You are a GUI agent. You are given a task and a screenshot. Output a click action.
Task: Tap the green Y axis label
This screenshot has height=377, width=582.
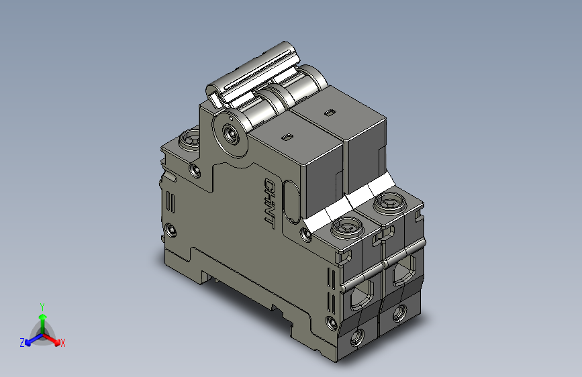tap(42, 305)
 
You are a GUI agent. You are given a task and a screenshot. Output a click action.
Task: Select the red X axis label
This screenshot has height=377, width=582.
tap(62, 343)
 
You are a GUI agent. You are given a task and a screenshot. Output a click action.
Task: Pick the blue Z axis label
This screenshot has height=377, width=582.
tap(22, 343)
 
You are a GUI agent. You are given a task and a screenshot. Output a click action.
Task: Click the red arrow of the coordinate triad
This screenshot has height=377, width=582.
tap(54, 339)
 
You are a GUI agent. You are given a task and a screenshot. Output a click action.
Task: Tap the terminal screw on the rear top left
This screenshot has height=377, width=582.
tap(188, 140)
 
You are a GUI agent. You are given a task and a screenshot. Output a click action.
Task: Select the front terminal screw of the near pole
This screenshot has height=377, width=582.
tap(347, 229)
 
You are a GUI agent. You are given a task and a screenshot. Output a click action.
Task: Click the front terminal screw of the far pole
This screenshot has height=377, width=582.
tap(389, 202)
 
